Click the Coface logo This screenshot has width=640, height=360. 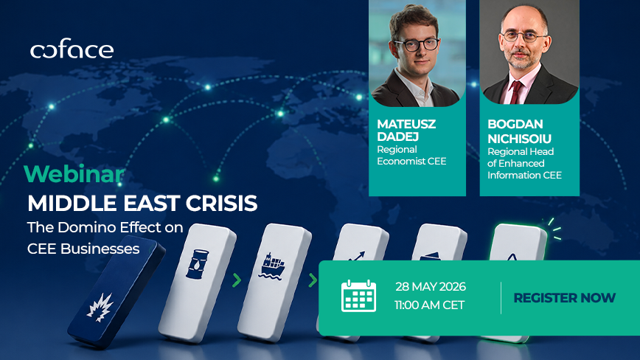[72, 49]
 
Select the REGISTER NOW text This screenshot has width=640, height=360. [565, 298]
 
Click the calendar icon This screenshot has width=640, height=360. [358, 296]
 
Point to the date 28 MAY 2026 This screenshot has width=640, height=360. [431, 286]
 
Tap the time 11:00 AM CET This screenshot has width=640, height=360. [429, 305]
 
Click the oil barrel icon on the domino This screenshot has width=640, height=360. [197, 265]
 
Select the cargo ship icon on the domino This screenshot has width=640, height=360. [271, 266]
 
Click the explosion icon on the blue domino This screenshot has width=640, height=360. [100, 307]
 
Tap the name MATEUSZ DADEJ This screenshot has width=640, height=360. [406, 130]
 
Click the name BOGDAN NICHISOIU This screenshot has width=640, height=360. [519, 131]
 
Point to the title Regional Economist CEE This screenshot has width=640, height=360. [411, 155]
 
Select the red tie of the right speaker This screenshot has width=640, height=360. [516, 91]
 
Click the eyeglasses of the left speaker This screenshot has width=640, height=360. [417, 44]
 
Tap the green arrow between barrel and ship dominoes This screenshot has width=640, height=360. [237, 280]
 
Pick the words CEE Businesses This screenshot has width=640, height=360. [83, 249]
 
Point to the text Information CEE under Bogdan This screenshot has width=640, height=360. [524, 175]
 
